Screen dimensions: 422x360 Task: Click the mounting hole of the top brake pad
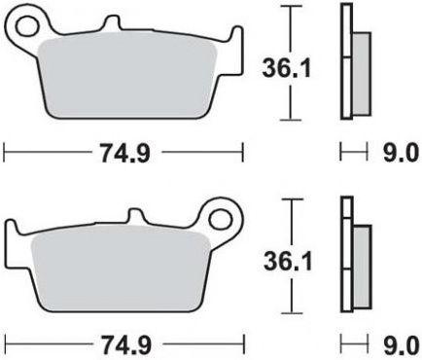(27, 27)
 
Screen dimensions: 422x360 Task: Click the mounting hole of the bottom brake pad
(222, 220)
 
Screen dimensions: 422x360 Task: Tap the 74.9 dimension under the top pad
(125, 153)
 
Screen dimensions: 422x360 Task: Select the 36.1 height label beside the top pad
(287, 68)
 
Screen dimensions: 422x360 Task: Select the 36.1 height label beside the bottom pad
(288, 262)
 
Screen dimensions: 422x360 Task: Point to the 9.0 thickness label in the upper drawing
(399, 153)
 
